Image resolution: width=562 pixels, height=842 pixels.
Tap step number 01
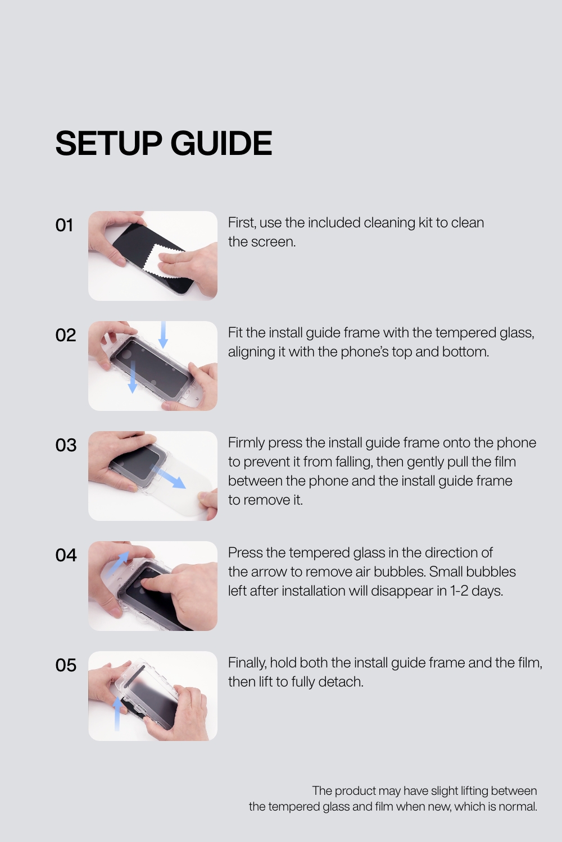coord(65,225)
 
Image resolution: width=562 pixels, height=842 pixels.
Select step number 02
coord(66,335)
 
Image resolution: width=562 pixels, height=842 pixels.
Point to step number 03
coord(66,445)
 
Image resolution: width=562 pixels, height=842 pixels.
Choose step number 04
coord(66,555)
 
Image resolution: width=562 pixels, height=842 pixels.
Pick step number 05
coord(66,665)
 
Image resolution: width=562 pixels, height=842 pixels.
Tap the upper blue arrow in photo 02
coord(163,335)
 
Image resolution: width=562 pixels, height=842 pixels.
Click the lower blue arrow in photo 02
coord(133,377)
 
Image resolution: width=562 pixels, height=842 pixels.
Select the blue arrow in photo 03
coord(168,476)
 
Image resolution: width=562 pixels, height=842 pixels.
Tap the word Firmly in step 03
coord(246,443)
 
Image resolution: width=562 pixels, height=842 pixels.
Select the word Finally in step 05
coord(247,663)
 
